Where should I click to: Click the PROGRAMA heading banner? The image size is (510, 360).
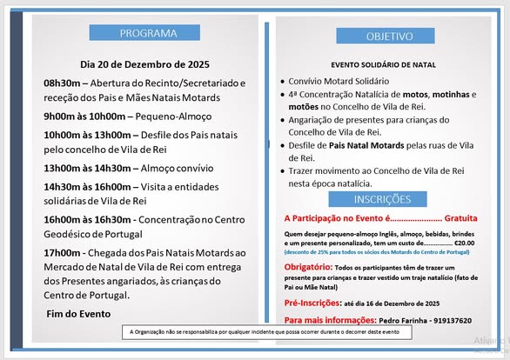(x=145, y=33)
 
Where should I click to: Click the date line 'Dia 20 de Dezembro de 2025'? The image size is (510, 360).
(x=144, y=63)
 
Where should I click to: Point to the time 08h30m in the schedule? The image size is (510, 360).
(x=63, y=83)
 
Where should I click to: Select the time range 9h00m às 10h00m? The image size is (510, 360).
(x=84, y=116)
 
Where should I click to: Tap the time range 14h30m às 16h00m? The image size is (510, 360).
(x=87, y=186)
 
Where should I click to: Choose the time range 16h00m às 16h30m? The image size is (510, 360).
(x=87, y=220)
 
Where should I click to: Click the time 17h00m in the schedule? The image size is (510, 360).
(x=63, y=252)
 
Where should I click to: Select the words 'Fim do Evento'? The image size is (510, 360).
(x=77, y=313)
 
